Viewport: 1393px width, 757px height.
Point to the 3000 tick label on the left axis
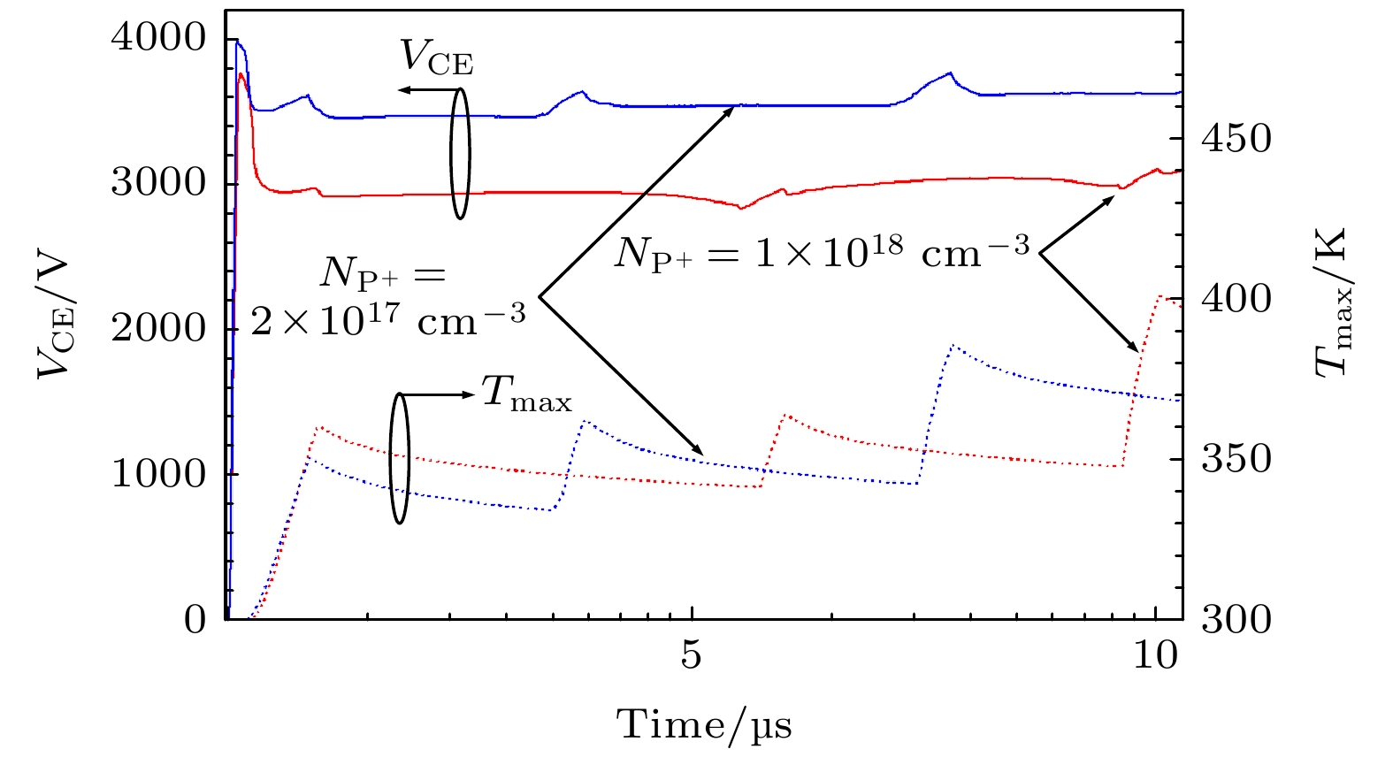(x=158, y=183)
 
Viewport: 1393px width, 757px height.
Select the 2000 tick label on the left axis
(x=158, y=328)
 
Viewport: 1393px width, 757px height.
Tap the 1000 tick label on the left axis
(x=158, y=473)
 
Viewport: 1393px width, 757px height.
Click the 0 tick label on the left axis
(x=195, y=618)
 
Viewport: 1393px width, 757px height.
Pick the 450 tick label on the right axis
(x=1236, y=138)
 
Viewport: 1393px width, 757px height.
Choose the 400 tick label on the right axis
(x=1236, y=298)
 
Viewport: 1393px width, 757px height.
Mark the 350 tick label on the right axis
(x=1236, y=458)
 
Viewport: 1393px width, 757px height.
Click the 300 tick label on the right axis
(x=1236, y=618)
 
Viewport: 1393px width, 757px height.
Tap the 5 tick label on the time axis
(x=692, y=656)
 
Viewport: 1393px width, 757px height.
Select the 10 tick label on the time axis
(x=1156, y=656)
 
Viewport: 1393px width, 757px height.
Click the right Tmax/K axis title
(x=1332, y=302)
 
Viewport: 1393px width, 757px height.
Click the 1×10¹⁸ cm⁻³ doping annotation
(x=823, y=253)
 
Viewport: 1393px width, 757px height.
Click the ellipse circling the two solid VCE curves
(x=459, y=152)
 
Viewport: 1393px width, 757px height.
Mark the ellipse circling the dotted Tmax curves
(x=400, y=457)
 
